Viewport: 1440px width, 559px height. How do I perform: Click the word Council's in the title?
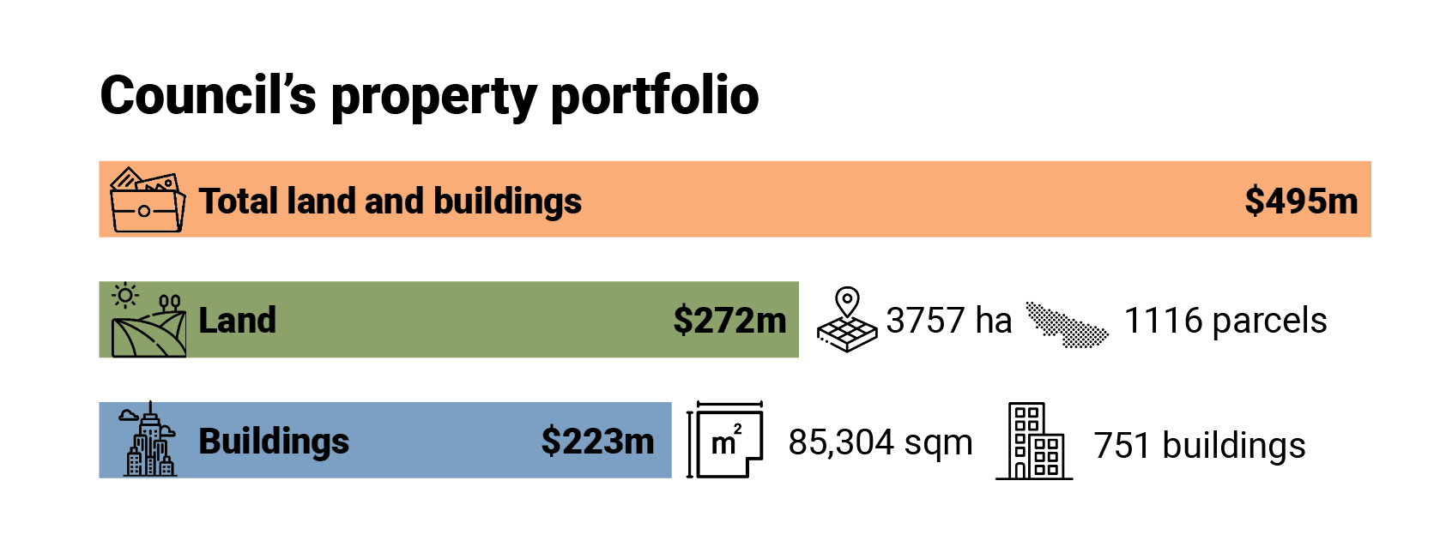(208, 95)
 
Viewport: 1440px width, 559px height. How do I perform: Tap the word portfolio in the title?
(655, 95)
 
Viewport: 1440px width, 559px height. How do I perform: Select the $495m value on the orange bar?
(1301, 201)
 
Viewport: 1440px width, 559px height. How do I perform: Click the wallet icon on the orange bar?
(147, 200)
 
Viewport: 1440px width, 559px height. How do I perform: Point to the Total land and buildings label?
(390, 201)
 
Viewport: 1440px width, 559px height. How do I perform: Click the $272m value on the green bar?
(729, 320)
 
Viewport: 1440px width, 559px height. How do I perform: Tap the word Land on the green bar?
(237, 320)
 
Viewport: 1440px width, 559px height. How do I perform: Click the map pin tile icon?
(847, 320)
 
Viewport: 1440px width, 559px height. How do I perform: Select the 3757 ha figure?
(948, 321)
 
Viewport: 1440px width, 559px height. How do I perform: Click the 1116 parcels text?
(1225, 321)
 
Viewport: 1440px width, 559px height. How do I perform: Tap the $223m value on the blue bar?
(597, 441)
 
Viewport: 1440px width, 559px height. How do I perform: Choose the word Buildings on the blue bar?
(274, 441)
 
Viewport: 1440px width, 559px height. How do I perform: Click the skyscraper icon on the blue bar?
(149, 439)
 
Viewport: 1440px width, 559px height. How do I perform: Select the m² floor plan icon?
(726, 440)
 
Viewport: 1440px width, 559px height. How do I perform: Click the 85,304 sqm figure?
(880, 442)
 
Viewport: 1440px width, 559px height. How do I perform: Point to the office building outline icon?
(1035, 441)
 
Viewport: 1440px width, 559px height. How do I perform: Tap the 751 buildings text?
(1199, 446)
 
